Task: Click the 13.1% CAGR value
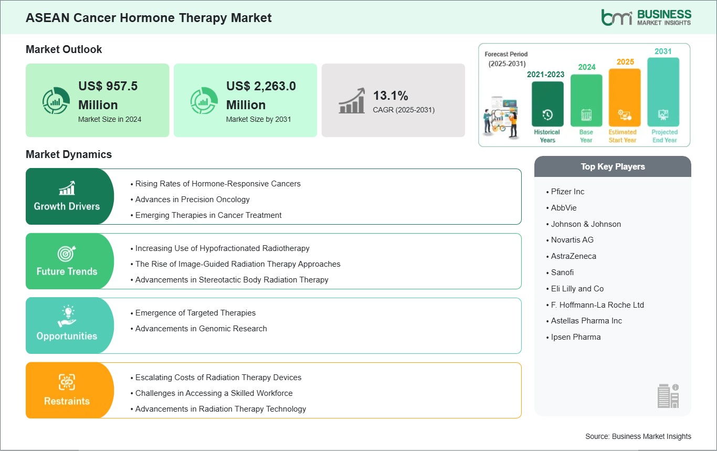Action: pos(391,96)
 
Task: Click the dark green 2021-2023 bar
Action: pos(547,104)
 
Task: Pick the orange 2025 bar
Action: pos(625,97)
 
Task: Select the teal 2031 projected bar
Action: pos(663,92)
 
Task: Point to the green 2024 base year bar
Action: pos(586,100)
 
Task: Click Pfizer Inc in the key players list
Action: pos(567,192)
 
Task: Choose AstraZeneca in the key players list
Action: pos(573,256)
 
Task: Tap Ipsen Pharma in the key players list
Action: pos(575,337)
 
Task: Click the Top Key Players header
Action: pos(613,166)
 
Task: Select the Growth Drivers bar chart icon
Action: pos(67,188)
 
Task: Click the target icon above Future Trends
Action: pos(67,254)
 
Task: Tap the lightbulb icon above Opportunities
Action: pos(67,316)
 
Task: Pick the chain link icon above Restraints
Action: pos(67,382)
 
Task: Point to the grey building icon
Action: pos(668,396)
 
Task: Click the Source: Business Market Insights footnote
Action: pos(638,436)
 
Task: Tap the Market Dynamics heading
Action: pos(69,154)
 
